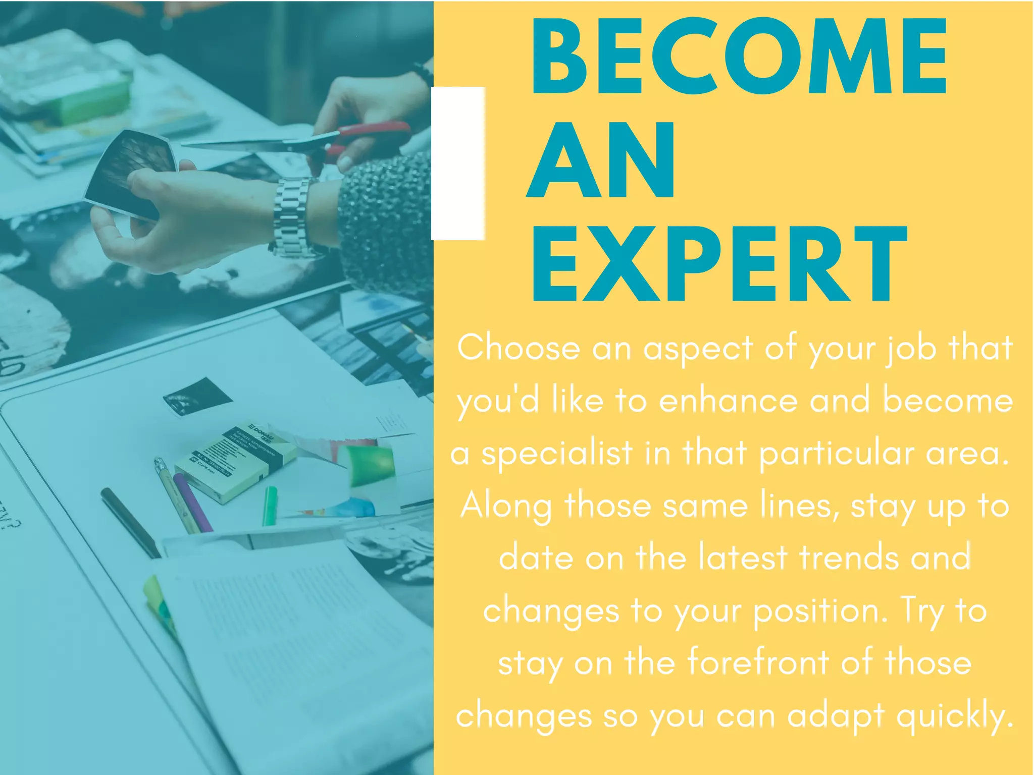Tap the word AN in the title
(601, 160)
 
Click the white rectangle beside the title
(458, 163)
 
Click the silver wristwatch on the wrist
(292, 217)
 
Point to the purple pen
(192, 502)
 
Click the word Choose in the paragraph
(519, 348)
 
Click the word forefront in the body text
(758, 662)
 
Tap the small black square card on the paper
(198, 397)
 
